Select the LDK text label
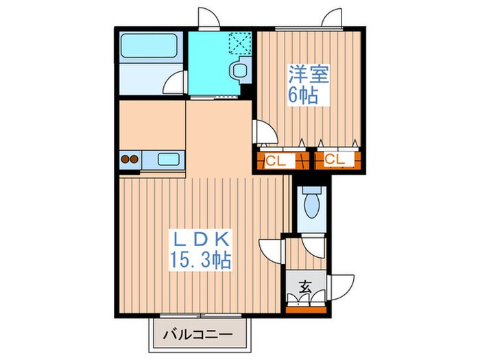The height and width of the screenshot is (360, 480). [202, 241]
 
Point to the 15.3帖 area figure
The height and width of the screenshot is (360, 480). [202, 261]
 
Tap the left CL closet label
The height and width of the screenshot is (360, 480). [277, 161]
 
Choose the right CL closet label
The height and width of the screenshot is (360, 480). [335, 161]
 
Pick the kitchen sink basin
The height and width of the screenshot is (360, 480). [169, 160]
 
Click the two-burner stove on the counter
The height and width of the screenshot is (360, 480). [130, 160]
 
